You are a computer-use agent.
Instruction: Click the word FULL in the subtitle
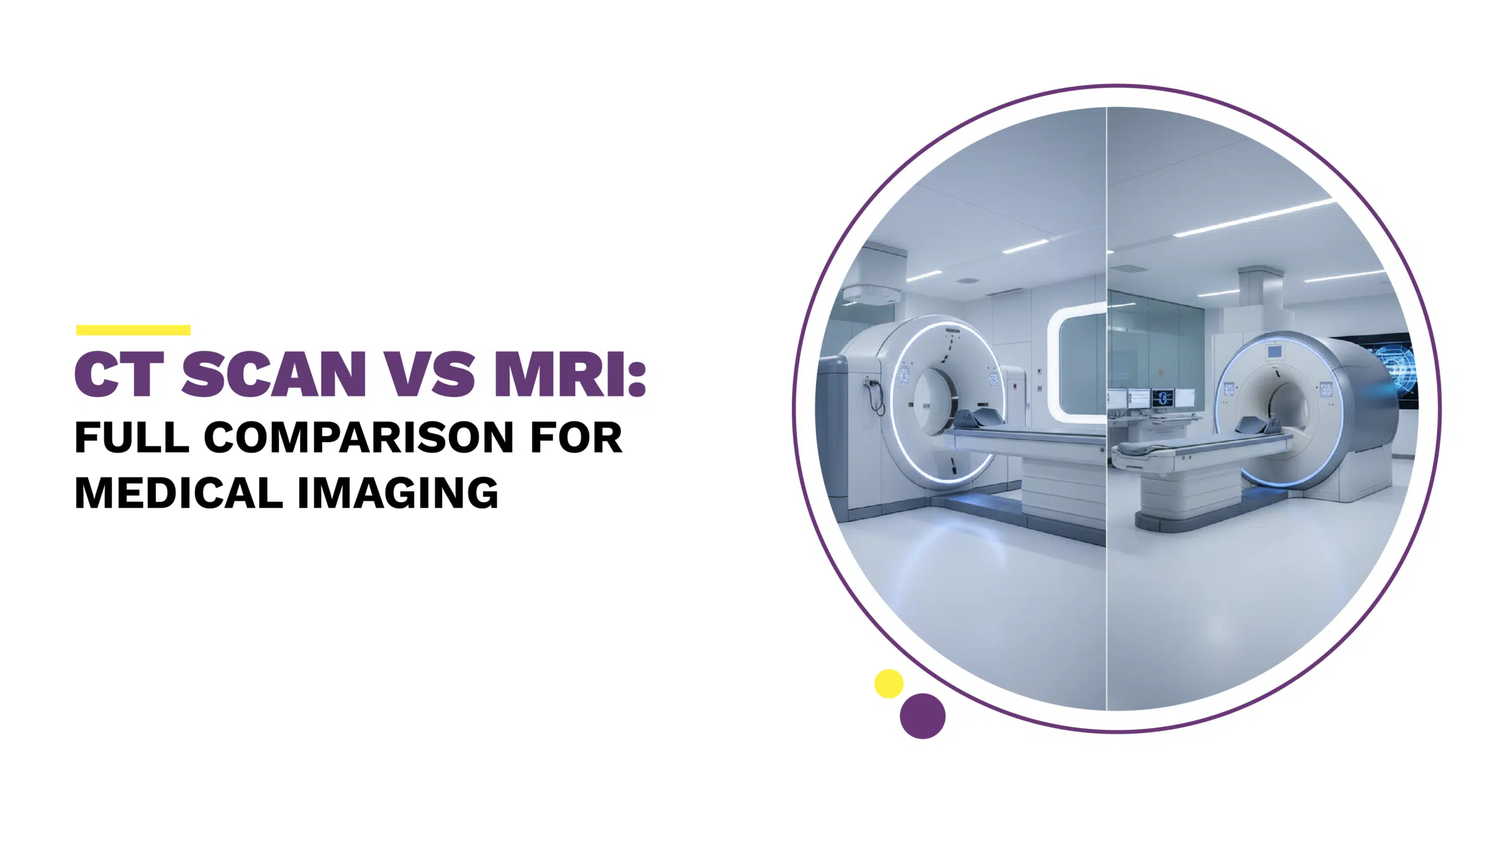coord(132,438)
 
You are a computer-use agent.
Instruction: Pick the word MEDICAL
coord(178,493)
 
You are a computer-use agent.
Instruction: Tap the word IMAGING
coord(398,493)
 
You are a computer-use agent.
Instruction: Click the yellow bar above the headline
coord(133,330)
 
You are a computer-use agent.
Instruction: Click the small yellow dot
coord(888,684)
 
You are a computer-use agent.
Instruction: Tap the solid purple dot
coord(923,716)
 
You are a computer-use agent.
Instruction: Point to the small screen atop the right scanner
coord(1275,352)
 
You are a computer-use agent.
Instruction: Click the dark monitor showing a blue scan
coord(1163,397)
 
